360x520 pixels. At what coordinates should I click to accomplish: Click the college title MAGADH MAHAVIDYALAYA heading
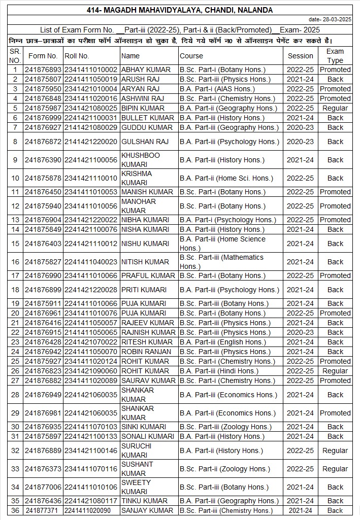point(180,10)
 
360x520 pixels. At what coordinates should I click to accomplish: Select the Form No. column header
point(43,56)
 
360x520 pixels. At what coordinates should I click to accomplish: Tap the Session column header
point(301,56)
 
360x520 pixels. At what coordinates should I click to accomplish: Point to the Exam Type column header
point(335,56)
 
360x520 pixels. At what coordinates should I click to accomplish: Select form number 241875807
point(43,79)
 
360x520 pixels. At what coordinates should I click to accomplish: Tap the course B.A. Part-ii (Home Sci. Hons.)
point(226,178)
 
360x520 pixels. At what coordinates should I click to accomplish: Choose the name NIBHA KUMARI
point(144,220)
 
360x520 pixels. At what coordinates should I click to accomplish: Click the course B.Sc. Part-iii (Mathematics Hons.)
point(221,262)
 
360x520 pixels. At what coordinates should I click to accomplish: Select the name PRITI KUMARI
point(144,290)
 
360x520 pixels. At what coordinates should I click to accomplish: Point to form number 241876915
point(43,332)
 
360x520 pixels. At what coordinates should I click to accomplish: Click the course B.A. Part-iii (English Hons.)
point(222,342)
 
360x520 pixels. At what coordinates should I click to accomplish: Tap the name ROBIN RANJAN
point(146,352)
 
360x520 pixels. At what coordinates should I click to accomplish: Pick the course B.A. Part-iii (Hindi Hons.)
point(219,371)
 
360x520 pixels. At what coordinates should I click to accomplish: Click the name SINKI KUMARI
point(144,427)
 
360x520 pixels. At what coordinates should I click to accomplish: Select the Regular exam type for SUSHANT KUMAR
point(335,469)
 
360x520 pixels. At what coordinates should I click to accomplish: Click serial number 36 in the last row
point(15,510)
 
